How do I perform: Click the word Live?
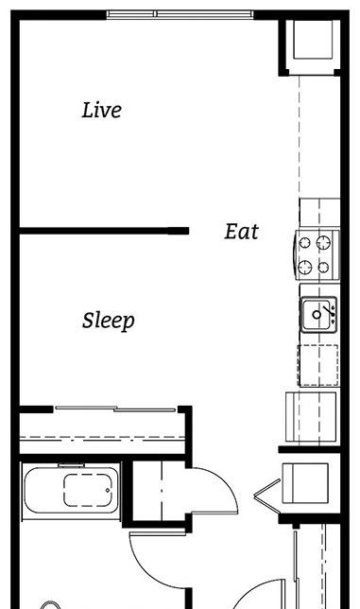point(102,110)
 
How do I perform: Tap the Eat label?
point(241,232)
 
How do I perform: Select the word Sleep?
point(109,322)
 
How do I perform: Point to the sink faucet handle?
point(329,310)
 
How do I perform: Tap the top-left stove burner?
point(304,243)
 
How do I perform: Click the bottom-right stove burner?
point(323,268)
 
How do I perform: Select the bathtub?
point(72,490)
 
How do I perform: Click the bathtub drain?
point(108,491)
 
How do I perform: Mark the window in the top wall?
point(180,14)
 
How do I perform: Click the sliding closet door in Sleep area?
point(115,409)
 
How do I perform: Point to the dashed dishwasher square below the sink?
point(318,365)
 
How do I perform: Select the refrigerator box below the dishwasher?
point(311,416)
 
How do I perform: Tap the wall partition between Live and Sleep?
point(104,231)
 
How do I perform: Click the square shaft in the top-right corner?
point(313,40)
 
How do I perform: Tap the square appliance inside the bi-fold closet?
point(305,483)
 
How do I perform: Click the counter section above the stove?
point(319,213)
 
